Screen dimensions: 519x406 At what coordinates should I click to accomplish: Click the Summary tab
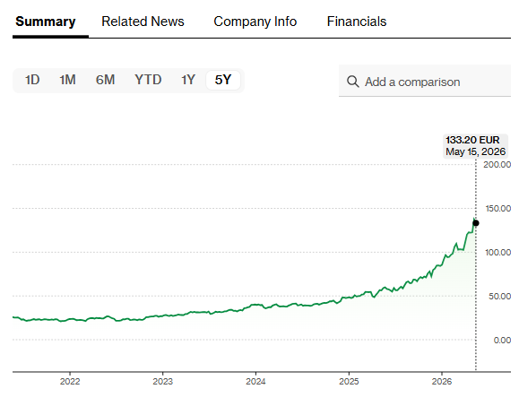point(46,22)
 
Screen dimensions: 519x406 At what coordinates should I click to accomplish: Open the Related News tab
point(143,22)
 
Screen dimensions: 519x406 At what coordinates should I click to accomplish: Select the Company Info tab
point(255,22)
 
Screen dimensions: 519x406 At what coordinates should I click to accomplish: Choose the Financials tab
point(357,22)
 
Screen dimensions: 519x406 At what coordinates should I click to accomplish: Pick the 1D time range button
point(32,80)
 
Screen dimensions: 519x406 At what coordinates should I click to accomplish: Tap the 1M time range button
point(67,80)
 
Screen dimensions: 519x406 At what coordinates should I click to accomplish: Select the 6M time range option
point(105,80)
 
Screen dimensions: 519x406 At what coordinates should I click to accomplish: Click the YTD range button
point(148,80)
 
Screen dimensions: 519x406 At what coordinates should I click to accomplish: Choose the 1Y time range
point(188,80)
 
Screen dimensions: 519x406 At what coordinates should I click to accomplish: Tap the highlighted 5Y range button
point(223,80)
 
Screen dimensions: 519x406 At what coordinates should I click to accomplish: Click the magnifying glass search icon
point(353,82)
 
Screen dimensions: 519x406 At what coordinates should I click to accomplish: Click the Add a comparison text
point(412,82)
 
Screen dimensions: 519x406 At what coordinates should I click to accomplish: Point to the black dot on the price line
point(476,223)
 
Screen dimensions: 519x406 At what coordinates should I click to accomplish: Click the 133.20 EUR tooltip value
point(472,140)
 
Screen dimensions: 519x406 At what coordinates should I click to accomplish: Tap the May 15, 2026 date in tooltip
point(476,151)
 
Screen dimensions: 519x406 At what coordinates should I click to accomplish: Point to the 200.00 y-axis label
point(497,164)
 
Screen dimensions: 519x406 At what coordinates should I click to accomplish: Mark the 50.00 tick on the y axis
point(499,296)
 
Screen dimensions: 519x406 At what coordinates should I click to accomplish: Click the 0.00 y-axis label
point(502,341)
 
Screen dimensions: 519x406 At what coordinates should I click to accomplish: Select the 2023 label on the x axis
point(162,382)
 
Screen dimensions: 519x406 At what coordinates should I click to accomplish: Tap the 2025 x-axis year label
point(349,382)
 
